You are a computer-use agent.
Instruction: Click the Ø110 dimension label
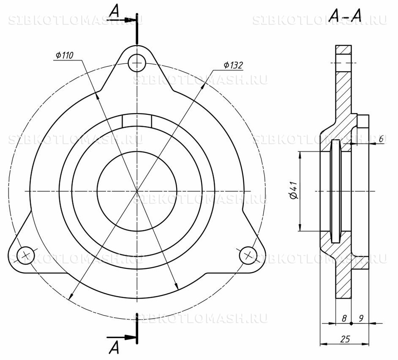pos(65,56)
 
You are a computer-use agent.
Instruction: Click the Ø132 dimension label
pos(233,65)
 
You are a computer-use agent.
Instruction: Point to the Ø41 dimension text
pos(294,191)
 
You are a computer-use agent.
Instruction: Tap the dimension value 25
pos(345,339)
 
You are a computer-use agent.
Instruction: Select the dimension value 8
pos(344,319)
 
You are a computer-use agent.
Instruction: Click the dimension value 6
pos(381,139)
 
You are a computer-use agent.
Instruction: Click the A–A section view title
pos(345,16)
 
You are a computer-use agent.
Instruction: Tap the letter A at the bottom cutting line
pos(114,347)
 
